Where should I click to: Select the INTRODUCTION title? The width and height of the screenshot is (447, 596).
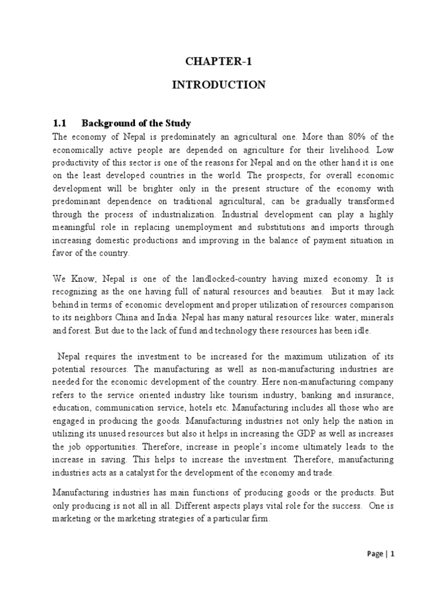pos(218,85)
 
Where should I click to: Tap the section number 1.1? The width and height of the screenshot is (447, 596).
pos(61,123)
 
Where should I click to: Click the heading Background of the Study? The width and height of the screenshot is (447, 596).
pos(136,123)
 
